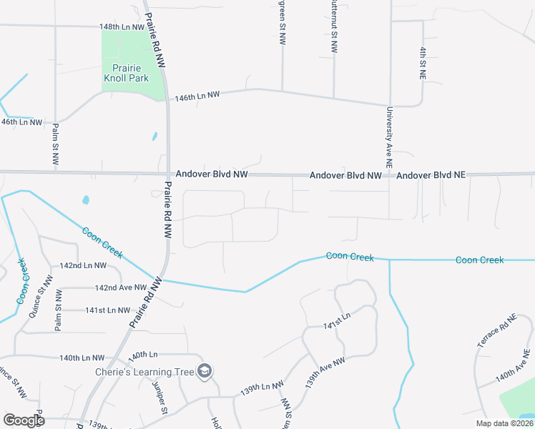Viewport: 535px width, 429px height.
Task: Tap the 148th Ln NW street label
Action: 122,26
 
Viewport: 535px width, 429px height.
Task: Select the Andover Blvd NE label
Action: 431,175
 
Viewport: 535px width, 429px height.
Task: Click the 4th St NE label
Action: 423,62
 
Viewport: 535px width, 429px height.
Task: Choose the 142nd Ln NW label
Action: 83,265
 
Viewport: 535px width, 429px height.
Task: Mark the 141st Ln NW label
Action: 108,310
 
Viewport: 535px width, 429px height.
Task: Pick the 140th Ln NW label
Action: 82,357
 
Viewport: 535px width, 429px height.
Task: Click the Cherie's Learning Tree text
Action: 144,372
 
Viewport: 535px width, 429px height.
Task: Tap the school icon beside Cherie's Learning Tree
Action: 205,370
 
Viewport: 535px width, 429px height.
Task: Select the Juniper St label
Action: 159,396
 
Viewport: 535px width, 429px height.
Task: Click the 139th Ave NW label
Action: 325,372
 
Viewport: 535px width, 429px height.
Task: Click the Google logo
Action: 24,420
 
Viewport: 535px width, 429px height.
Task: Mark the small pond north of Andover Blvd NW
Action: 154,136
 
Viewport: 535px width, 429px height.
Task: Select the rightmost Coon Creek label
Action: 479,260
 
